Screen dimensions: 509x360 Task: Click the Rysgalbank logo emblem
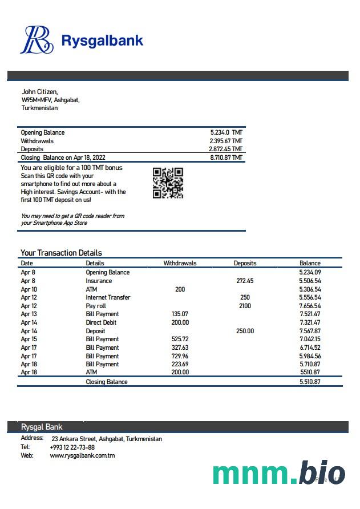tap(37, 40)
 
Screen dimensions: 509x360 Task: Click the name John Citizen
tap(39, 91)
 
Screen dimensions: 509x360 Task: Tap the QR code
tap(168, 183)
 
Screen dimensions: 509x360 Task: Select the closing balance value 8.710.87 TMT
tap(226, 157)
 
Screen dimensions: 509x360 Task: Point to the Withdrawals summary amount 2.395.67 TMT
tap(226, 141)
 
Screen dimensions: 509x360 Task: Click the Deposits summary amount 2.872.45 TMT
tap(226, 149)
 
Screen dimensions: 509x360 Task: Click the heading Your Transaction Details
tap(61, 253)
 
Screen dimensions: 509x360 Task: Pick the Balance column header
tap(310, 263)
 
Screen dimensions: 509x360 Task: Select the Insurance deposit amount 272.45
tap(245, 281)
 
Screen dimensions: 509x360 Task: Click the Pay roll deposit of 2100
tap(245, 306)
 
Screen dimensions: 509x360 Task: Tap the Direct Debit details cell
tap(101, 322)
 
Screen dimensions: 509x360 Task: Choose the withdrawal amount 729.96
tap(180, 356)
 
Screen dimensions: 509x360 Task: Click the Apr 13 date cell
tap(29, 314)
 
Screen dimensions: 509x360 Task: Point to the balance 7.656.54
tap(310, 306)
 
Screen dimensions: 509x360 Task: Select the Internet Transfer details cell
tap(108, 297)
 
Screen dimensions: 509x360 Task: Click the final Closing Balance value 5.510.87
tap(310, 382)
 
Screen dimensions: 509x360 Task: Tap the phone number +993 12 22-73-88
tap(72, 447)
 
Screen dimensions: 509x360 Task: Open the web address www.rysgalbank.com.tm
tap(82, 455)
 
